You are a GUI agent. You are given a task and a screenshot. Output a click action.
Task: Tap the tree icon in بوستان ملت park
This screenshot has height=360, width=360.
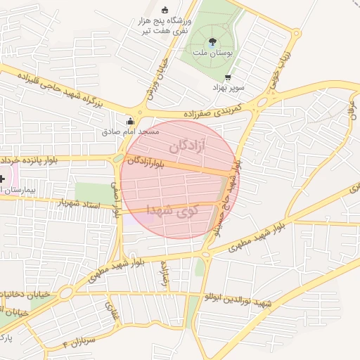[x=213, y=41]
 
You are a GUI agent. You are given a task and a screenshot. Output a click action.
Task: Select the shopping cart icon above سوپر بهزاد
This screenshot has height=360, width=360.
[x=227, y=77]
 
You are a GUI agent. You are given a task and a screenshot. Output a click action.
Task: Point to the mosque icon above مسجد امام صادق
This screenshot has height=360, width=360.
[x=129, y=120]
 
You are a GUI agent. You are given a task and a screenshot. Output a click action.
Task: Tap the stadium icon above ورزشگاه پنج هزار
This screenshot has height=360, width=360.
[x=165, y=10]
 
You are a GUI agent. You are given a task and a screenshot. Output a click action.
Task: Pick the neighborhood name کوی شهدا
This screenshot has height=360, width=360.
[x=173, y=209]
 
